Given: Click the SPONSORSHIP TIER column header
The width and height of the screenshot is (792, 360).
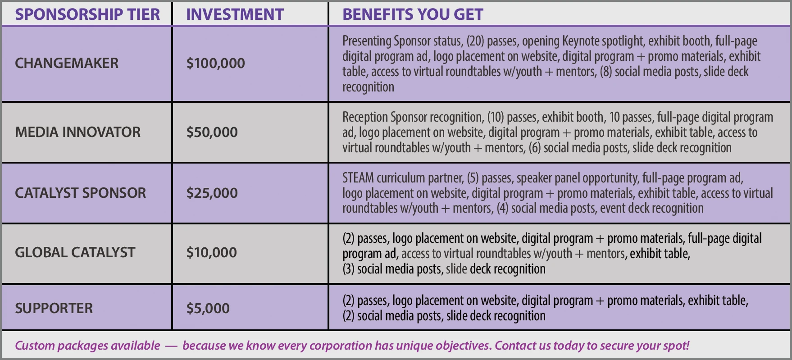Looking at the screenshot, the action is tap(87, 14).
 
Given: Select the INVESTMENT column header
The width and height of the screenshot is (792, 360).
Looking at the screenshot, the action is tap(235, 14).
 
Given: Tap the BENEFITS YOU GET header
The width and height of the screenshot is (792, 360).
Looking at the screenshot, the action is tap(413, 14).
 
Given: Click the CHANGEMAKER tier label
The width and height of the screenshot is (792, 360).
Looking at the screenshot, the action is tap(67, 63).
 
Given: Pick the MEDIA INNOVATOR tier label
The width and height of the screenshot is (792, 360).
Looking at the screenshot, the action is tap(78, 132).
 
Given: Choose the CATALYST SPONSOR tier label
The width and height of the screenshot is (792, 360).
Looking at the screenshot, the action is tap(81, 193).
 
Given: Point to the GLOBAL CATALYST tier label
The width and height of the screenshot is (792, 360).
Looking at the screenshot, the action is tap(75, 252).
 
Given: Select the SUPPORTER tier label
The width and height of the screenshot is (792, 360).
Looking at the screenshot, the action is tap(54, 308).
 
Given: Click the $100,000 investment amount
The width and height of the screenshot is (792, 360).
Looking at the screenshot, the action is tap(216, 63).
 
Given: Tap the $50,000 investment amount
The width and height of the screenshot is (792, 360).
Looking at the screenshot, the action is tap(212, 132).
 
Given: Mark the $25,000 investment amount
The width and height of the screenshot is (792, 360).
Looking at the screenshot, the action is tap(212, 193).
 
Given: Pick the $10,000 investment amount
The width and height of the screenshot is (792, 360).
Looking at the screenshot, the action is tap(212, 252).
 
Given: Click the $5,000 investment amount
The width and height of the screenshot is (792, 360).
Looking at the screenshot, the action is tap(208, 308).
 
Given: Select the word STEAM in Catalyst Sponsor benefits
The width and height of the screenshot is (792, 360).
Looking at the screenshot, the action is tap(358, 178).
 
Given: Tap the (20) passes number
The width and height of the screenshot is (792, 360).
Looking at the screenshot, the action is tap(475, 41).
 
